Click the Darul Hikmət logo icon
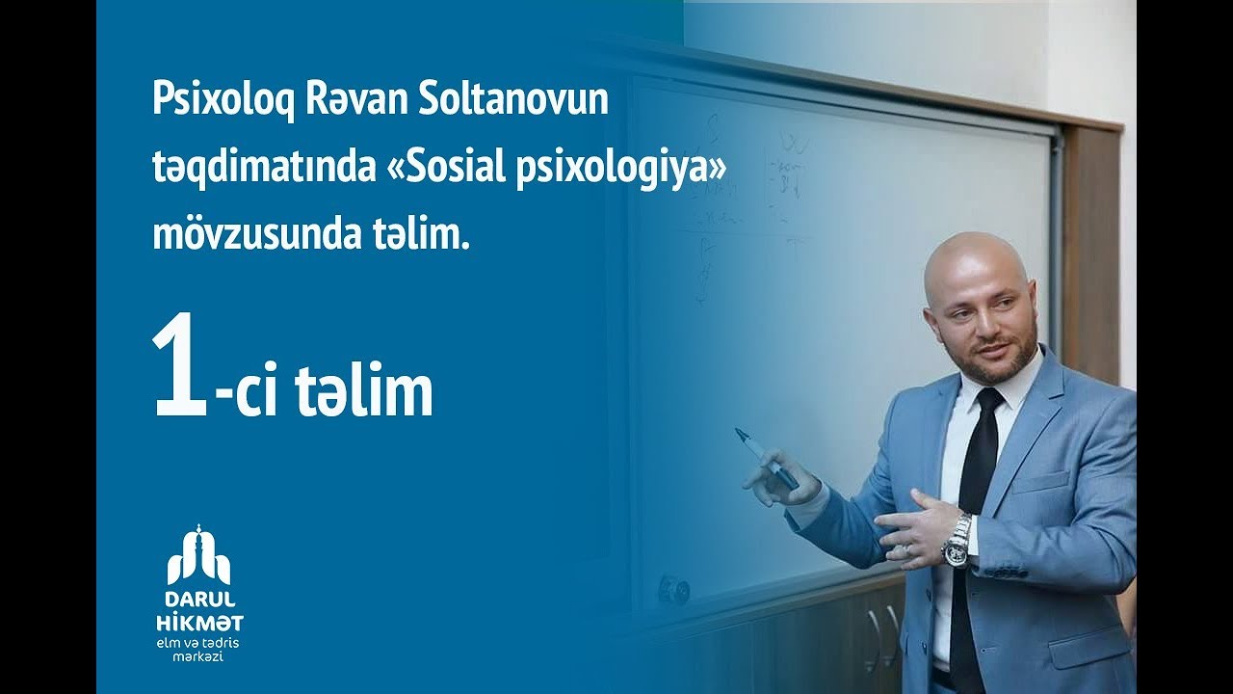point(198,556)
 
